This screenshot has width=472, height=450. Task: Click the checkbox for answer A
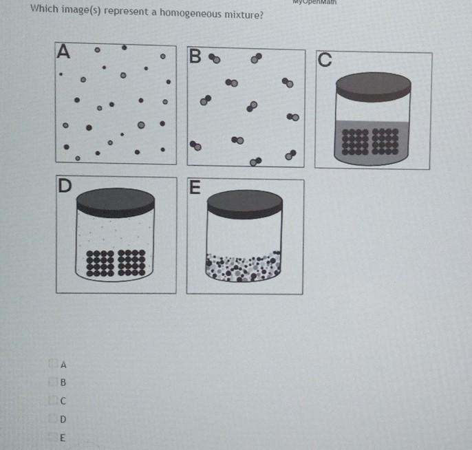click(x=52, y=363)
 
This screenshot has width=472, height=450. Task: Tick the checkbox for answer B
click(x=53, y=382)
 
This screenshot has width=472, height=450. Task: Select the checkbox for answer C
click(x=53, y=400)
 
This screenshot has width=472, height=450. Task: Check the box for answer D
click(x=53, y=418)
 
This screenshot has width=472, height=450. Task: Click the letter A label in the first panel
click(x=64, y=51)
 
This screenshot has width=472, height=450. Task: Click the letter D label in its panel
click(x=65, y=186)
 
